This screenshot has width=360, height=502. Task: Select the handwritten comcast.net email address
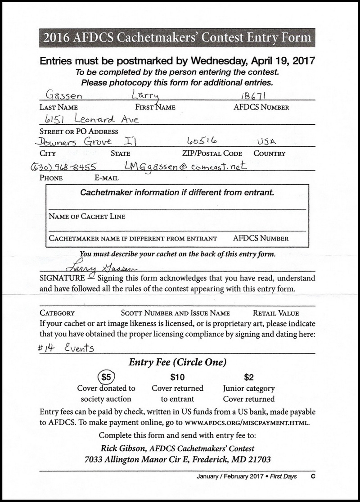[x=182, y=166]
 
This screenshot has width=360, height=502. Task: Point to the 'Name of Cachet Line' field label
[x=87, y=217]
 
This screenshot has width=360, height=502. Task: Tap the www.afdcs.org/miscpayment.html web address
[x=247, y=422]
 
